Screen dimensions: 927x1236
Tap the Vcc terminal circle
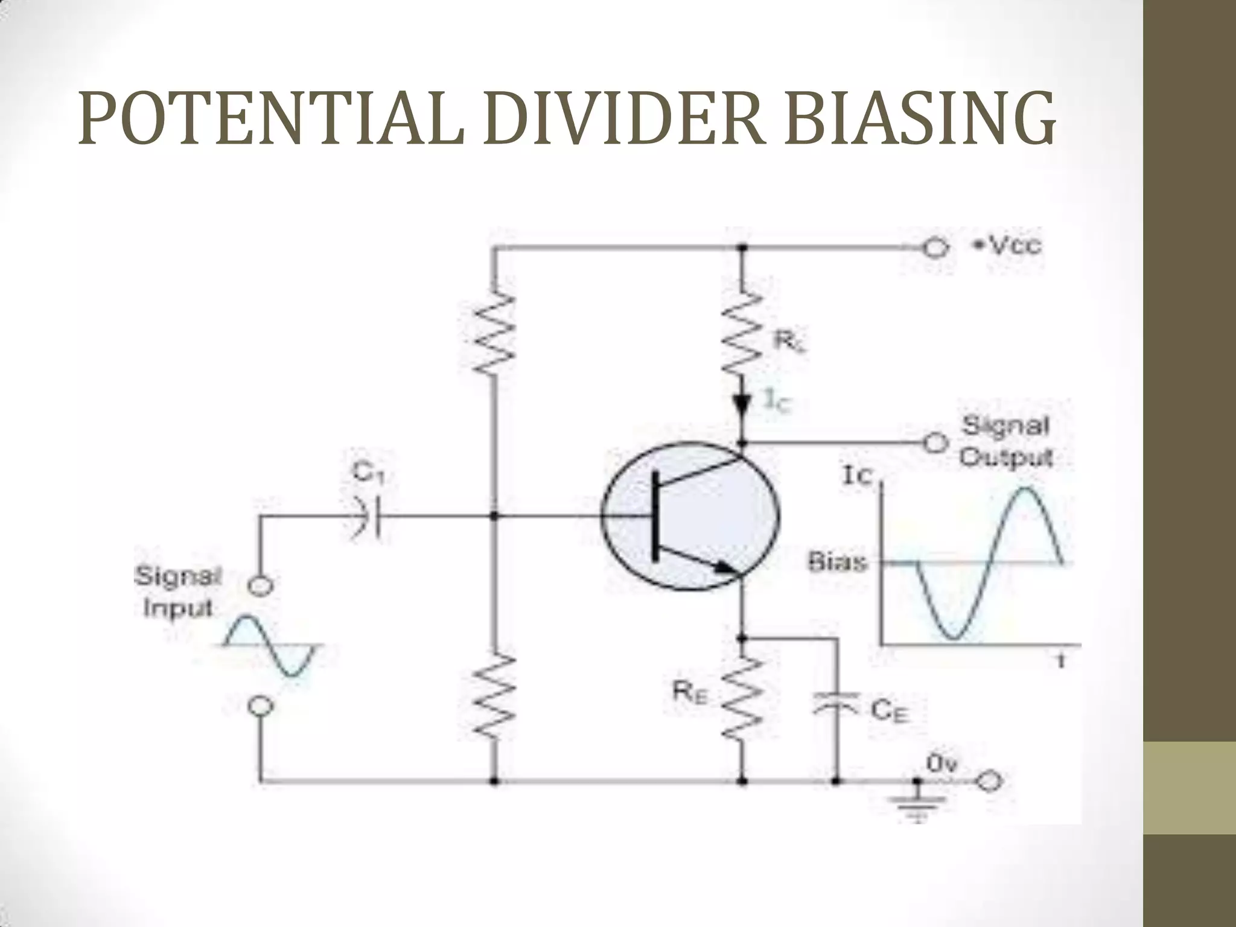pyautogui.click(x=934, y=248)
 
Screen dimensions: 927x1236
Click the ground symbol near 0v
pyautogui.click(x=917, y=803)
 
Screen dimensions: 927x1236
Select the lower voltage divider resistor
pyautogui.click(x=495, y=697)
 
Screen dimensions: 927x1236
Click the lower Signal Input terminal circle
pyautogui.click(x=261, y=706)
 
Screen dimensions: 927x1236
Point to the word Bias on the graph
pyautogui.click(x=838, y=563)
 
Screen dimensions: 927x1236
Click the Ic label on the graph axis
pyautogui.click(x=857, y=477)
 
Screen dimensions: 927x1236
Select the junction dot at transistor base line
pyautogui.click(x=495, y=517)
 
